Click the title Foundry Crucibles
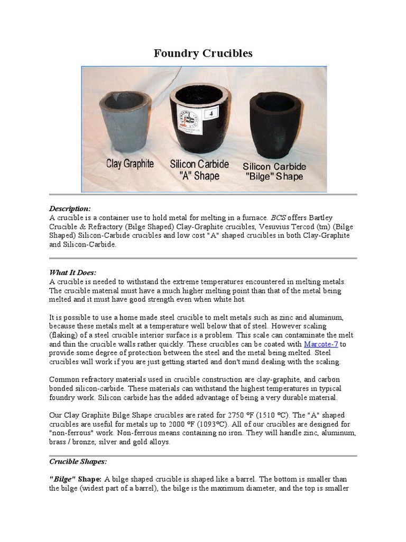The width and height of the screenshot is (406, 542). (x=203, y=53)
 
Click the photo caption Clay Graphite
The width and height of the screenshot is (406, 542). (x=130, y=164)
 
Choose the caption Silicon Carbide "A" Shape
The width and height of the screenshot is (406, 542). (x=199, y=170)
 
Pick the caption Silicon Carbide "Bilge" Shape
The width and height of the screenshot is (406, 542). (x=274, y=171)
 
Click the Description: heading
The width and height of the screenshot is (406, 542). (x=70, y=209)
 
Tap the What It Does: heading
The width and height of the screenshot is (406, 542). (x=73, y=273)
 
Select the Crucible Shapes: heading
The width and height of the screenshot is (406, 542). (x=78, y=461)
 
